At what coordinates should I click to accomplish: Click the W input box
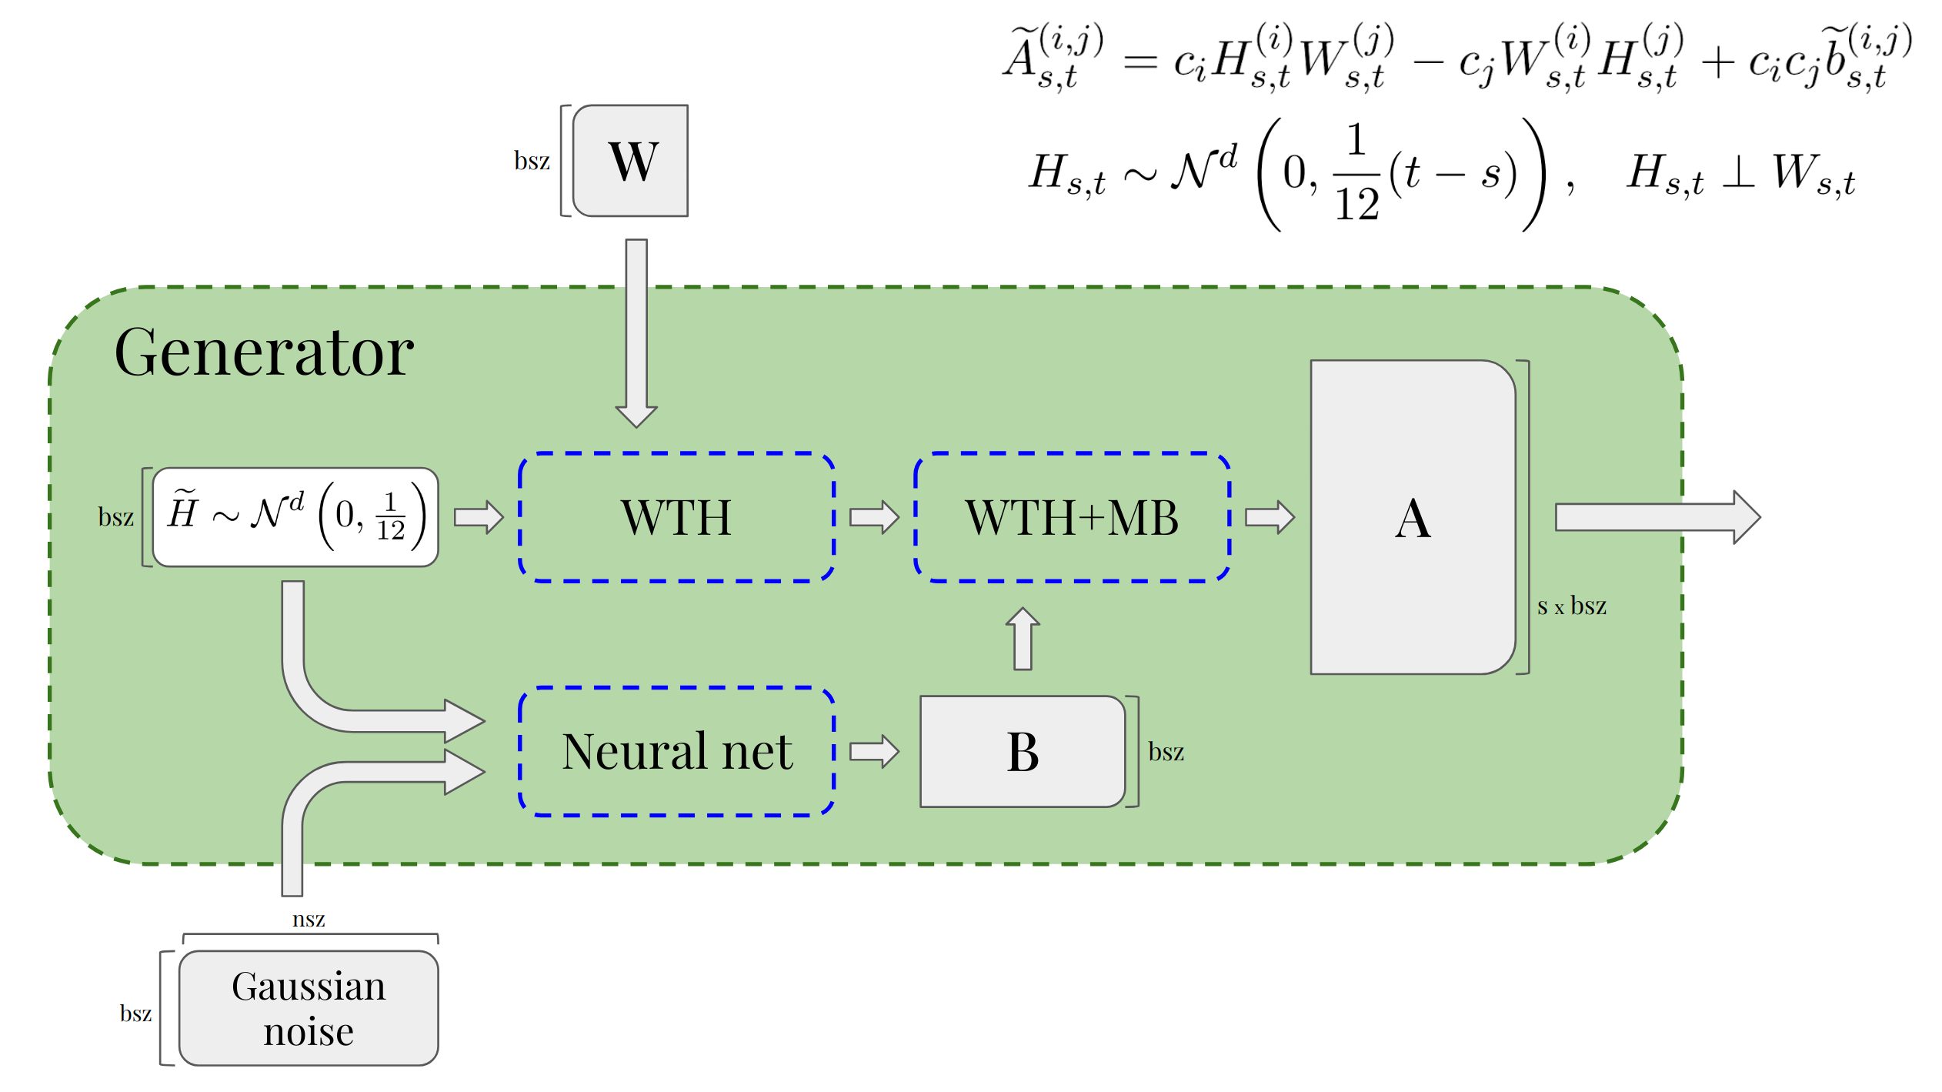631,161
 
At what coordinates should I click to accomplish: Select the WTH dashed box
677,517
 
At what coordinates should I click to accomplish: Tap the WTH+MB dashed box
1072,517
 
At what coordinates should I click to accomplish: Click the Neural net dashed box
677,751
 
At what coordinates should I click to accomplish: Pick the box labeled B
1023,752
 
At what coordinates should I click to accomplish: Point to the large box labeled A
1413,517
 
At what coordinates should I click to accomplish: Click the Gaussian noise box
309,1008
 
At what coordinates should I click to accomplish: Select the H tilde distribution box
295,517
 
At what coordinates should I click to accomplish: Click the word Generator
264,352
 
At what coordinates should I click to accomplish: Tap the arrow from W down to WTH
636,331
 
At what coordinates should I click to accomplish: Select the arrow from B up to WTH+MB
1023,639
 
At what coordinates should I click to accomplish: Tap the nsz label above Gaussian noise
309,919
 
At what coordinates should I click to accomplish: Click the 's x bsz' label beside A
1571,606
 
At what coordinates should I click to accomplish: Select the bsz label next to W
532,161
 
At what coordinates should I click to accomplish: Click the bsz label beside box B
1166,752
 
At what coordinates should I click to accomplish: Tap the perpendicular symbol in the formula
1738,172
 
